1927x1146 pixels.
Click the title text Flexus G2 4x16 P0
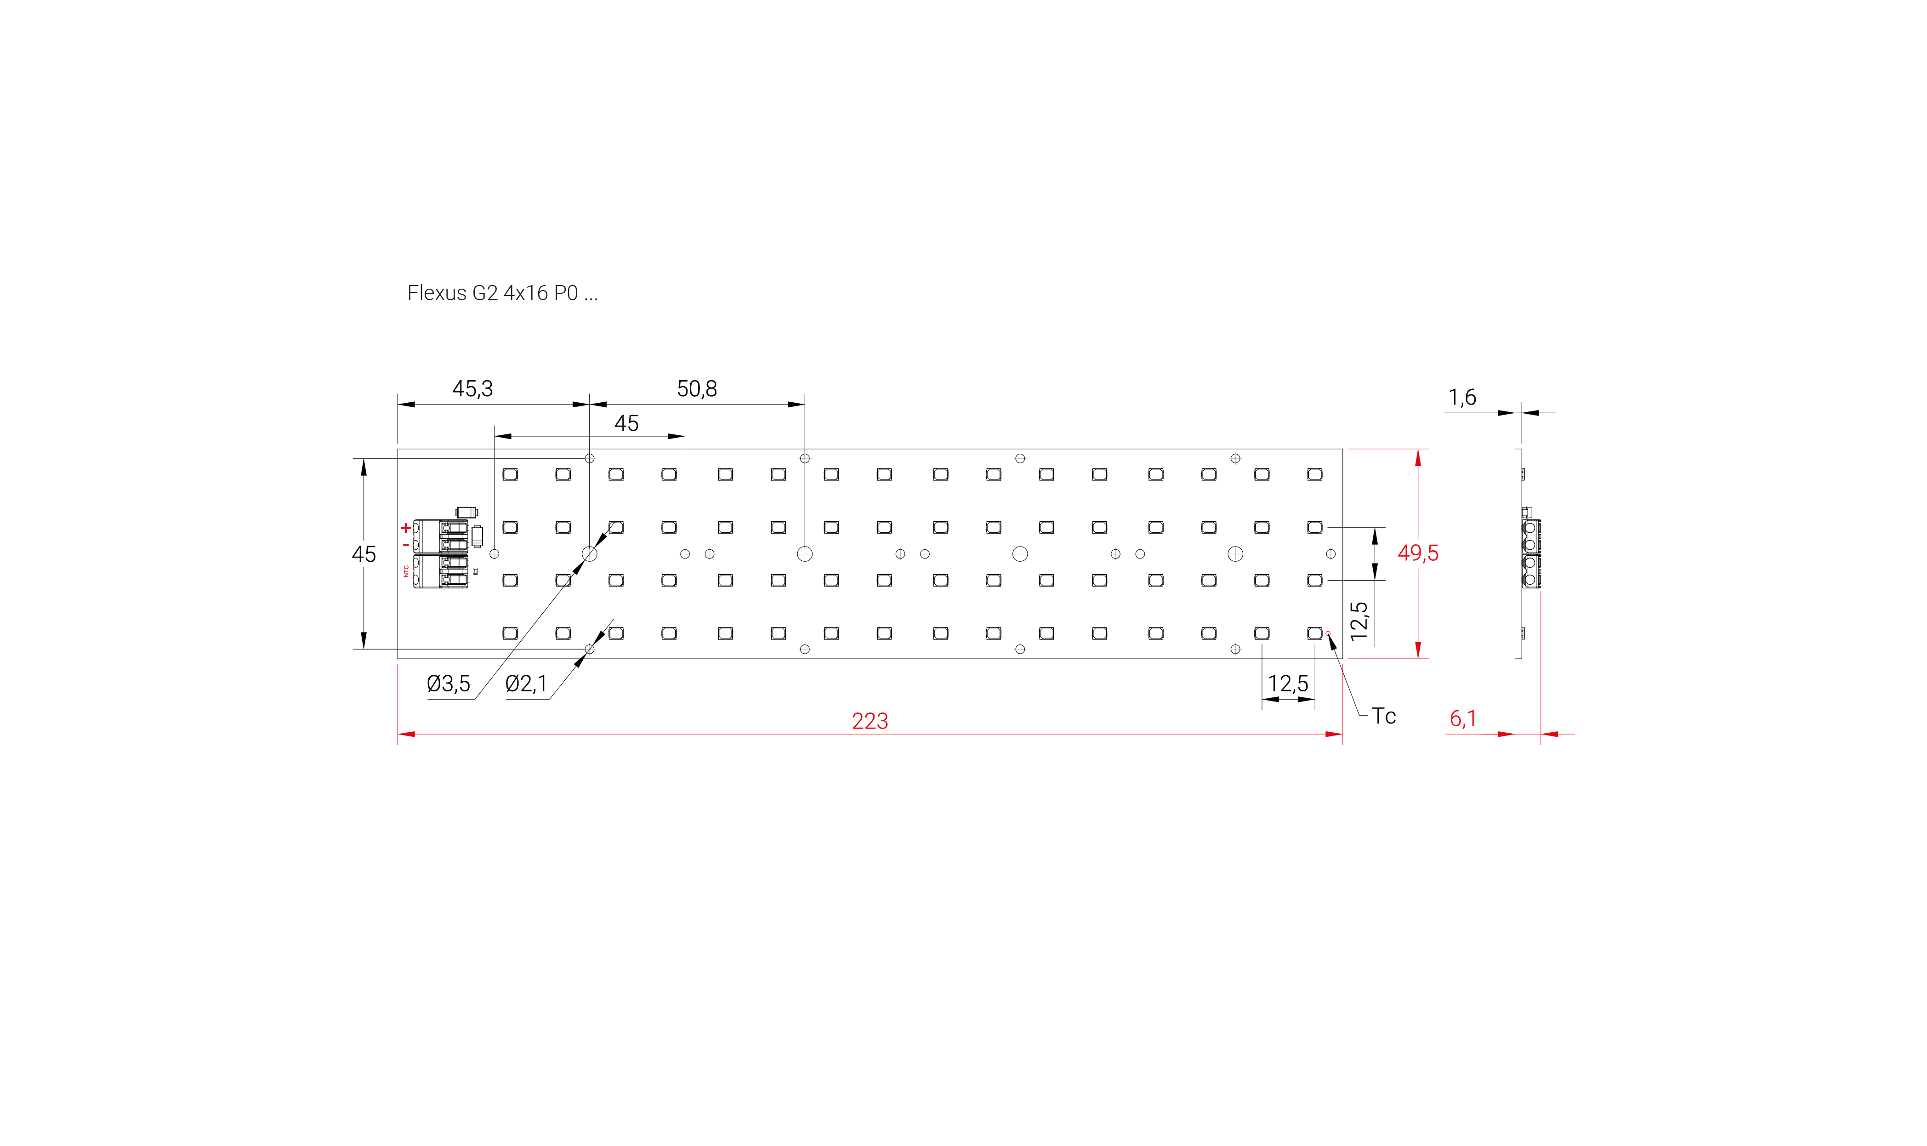point(502,293)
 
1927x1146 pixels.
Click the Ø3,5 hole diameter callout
point(449,684)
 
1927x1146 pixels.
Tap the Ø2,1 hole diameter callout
point(526,684)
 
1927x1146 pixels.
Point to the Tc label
point(1383,716)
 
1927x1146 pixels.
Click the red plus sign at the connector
point(405,528)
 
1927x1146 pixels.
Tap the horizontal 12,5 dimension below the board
point(1288,684)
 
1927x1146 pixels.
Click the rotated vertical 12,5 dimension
point(1359,621)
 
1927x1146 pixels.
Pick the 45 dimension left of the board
point(364,554)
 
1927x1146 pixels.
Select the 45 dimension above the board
point(626,423)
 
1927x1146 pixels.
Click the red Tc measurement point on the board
point(1328,633)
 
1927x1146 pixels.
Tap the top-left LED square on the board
point(510,474)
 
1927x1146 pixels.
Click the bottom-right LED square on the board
point(1314,633)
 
